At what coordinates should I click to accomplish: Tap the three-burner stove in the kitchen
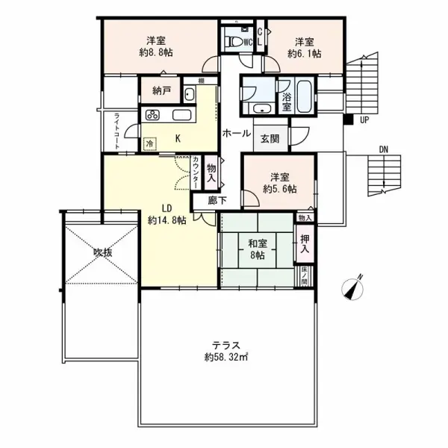(152, 115)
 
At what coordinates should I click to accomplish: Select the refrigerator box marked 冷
(150, 143)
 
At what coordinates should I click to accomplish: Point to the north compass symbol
(353, 288)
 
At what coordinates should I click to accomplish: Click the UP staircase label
(364, 120)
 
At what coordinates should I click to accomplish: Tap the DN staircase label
(384, 149)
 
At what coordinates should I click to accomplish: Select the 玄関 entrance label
(270, 139)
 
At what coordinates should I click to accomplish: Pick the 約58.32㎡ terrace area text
(226, 358)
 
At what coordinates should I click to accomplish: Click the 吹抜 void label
(103, 253)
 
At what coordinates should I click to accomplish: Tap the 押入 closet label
(305, 243)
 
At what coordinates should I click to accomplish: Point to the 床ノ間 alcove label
(305, 276)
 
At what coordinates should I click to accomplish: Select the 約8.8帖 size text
(156, 52)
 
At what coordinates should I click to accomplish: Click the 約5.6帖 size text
(280, 189)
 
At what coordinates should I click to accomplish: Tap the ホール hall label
(237, 133)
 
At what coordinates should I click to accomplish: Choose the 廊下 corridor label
(217, 201)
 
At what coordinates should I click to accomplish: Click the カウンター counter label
(196, 172)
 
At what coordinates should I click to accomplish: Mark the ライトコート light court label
(116, 131)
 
